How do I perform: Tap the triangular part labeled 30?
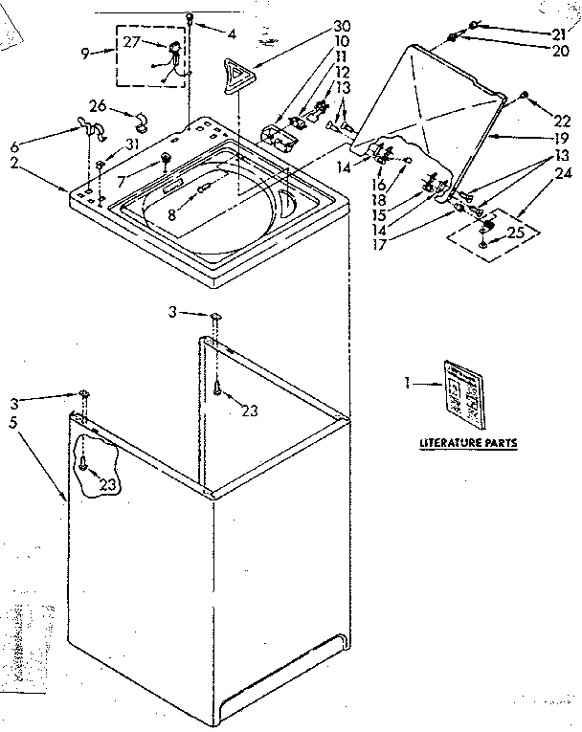tap(235, 74)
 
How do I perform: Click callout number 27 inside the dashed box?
tap(131, 41)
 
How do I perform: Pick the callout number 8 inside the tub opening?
tap(172, 215)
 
